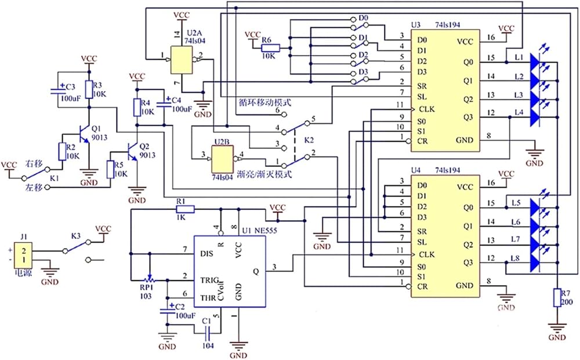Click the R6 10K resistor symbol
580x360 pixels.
pos(270,48)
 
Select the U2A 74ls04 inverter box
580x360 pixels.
pos(181,60)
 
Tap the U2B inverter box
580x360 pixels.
pos(222,159)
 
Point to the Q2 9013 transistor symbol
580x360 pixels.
pos(132,151)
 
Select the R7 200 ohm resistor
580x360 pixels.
pos(557,297)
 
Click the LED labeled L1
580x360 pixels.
pos(536,61)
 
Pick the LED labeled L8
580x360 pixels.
pos(536,263)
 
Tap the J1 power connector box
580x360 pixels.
pos(23,256)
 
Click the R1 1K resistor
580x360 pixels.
pos(185,210)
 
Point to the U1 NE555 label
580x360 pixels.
pos(260,231)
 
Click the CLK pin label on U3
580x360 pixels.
pos(427,110)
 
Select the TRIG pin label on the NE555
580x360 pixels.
pos(210,280)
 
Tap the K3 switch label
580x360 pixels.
pos(76,236)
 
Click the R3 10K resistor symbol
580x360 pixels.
pos(89,89)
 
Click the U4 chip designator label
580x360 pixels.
pos(416,170)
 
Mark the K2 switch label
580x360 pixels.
pos(309,140)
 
